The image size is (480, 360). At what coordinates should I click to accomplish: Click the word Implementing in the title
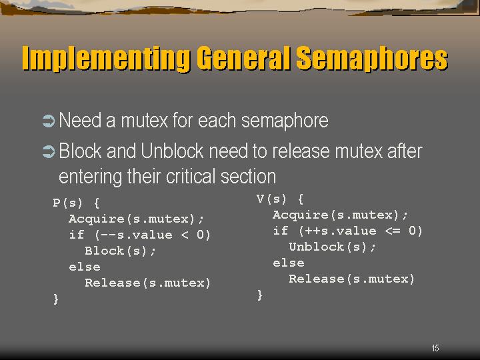point(106,59)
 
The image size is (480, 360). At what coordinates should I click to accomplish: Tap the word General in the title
point(243,58)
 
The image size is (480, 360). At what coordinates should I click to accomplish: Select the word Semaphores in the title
point(372,59)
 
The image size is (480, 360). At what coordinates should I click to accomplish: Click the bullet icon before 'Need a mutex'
point(49,121)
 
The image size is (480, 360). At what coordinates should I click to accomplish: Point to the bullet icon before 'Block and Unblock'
point(49,151)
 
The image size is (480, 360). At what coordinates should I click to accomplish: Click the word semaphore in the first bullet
point(285,121)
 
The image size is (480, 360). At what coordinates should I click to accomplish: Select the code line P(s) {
point(76,203)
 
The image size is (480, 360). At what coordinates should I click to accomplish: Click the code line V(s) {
point(280,199)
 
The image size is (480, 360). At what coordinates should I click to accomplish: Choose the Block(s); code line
point(120,251)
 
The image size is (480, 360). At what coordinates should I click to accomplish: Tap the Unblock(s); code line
point(332,247)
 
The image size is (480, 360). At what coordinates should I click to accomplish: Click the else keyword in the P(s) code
point(85,267)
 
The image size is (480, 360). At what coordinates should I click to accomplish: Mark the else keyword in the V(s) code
point(289,263)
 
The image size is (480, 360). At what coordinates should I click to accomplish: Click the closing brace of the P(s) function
point(56,299)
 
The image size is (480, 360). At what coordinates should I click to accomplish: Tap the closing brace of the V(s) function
point(260,295)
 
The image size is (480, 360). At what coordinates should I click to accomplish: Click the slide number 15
point(435,348)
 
